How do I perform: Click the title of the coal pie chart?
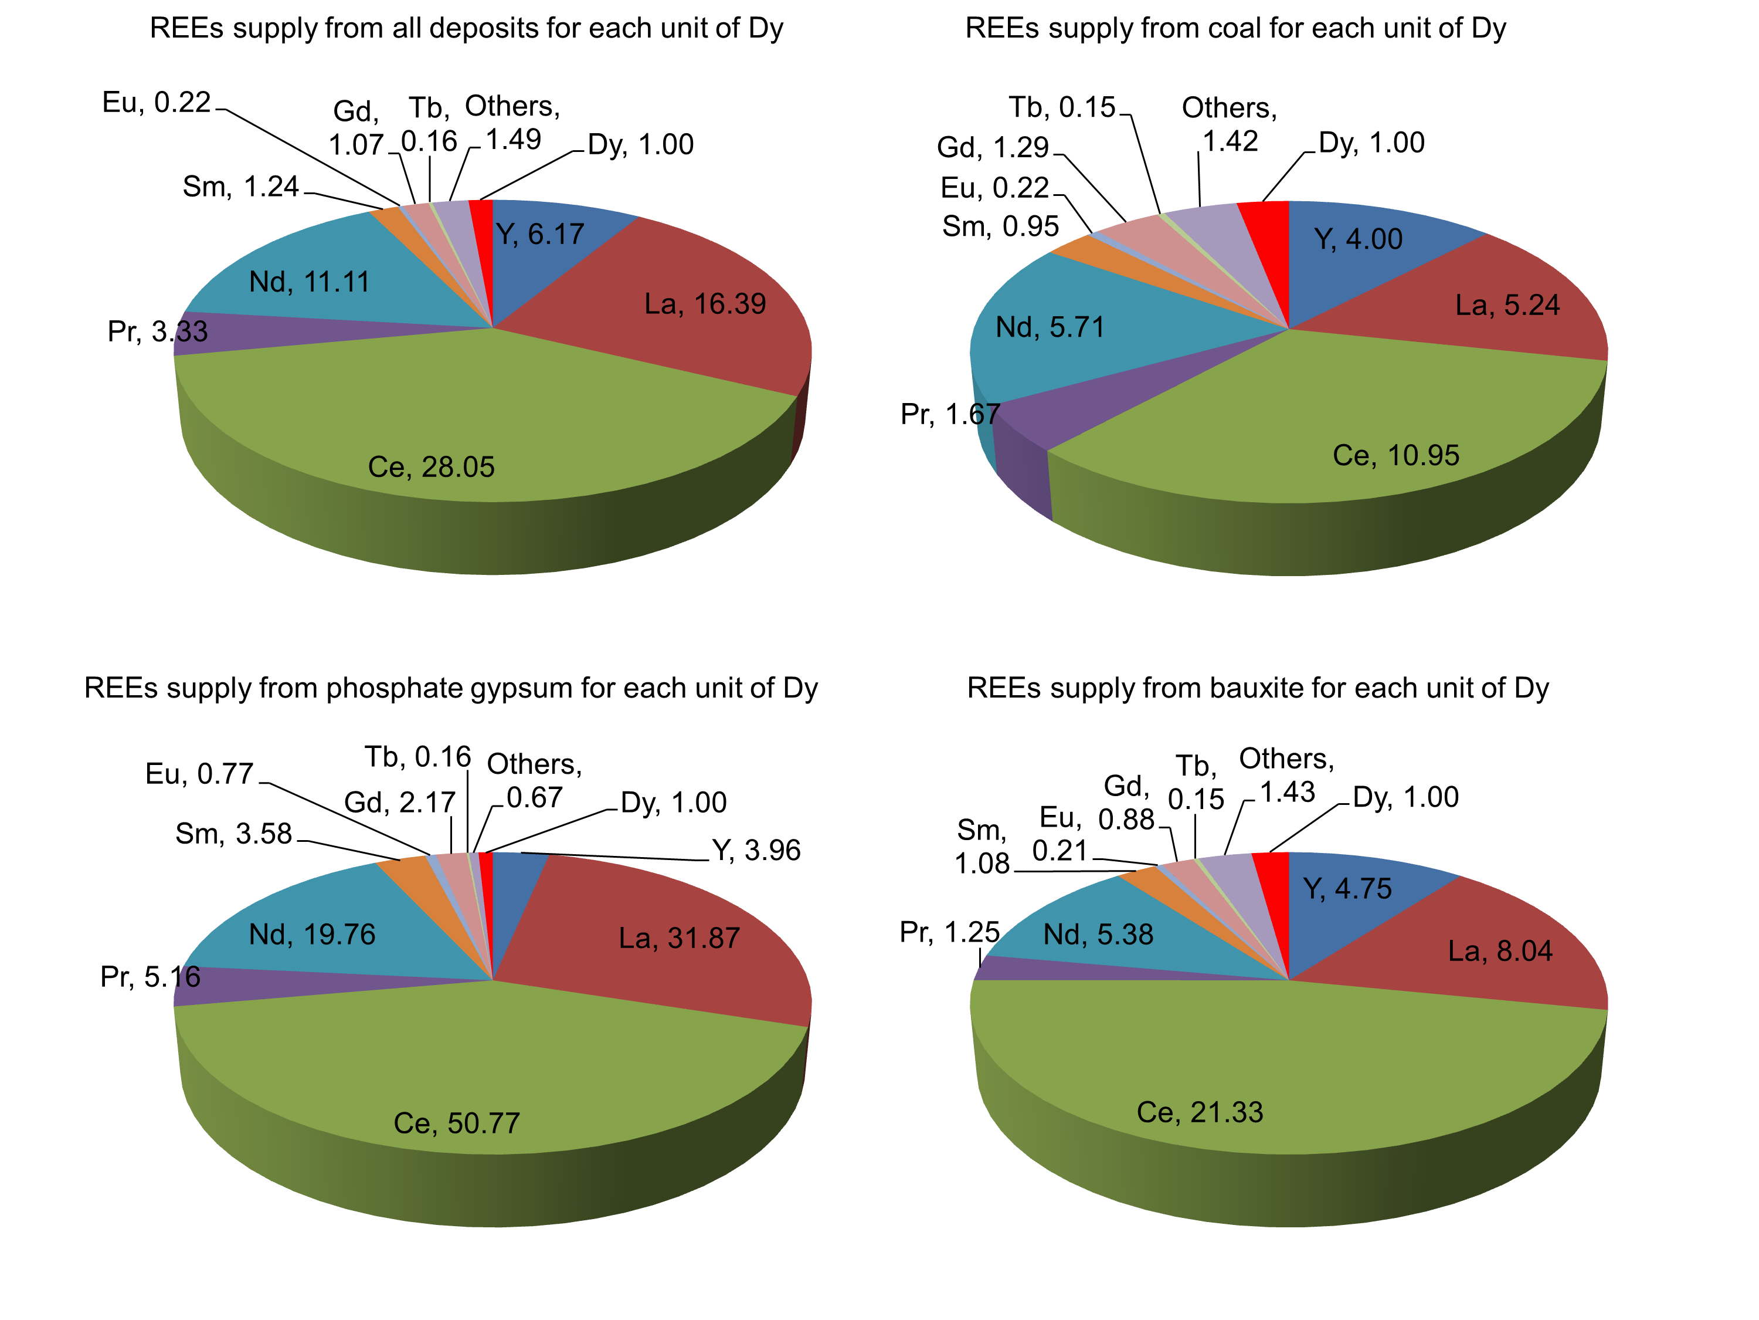tap(1235, 29)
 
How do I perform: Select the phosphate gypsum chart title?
tap(451, 688)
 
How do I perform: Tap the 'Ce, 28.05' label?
tap(431, 467)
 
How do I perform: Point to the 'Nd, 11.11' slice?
tap(318, 286)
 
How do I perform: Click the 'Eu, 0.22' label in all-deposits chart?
tap(157, 103)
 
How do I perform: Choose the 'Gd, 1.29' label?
tap(993, 148)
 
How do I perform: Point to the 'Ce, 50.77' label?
tap(456, 1123)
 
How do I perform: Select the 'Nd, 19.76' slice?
tap(318, 931)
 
